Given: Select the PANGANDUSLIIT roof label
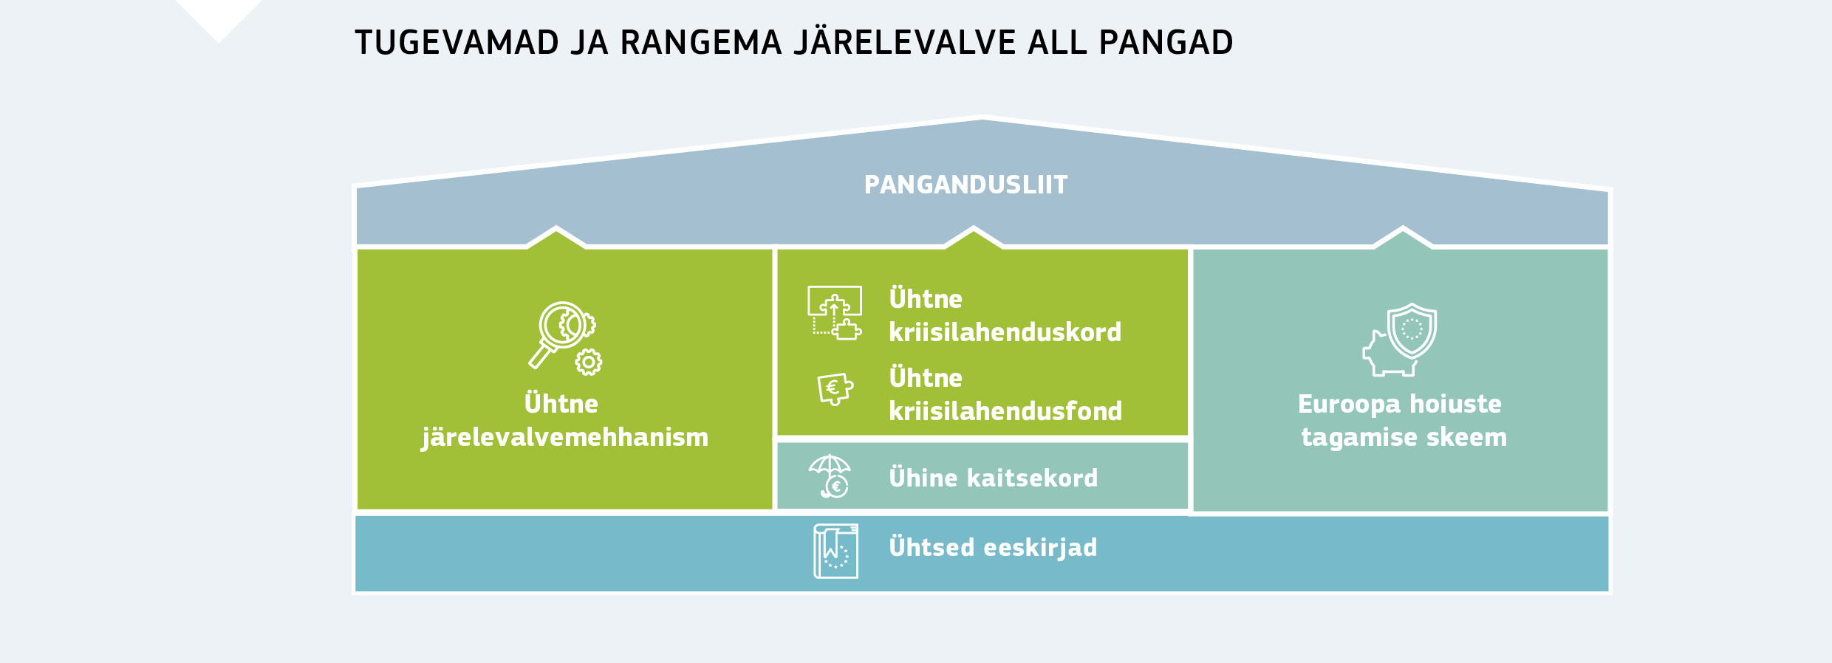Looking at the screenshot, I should pyautogui.click(x=965, y=185).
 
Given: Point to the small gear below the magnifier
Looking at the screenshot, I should pyautogui.click(x=589, y=362).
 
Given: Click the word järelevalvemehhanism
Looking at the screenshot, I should pyautogui.click(x=564, y=437).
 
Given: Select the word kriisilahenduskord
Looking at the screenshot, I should pyautogui.click(x=1005, y=332).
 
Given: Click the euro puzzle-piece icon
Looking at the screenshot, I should pyautogui.click(x=835, y=388).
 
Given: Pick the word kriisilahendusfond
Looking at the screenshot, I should pyautogui.click(x=1005, y=411).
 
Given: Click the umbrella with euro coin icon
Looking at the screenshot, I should pyautogui.click(x=830, y=476).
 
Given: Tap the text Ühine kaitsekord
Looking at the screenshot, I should pyautogui.click(x=993, y=478).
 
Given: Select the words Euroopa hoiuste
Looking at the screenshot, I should pyautogui.click(x=1399, y=404).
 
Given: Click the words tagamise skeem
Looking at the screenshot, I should pyautogui.click(x=1403, y=437).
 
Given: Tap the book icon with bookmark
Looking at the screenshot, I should pyautogui.click(x=835, y=551).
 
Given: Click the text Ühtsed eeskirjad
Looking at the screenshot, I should pyautogui.click(x=993, y=547).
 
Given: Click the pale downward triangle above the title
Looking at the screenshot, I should pyautogui.click(x=219, y=16).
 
